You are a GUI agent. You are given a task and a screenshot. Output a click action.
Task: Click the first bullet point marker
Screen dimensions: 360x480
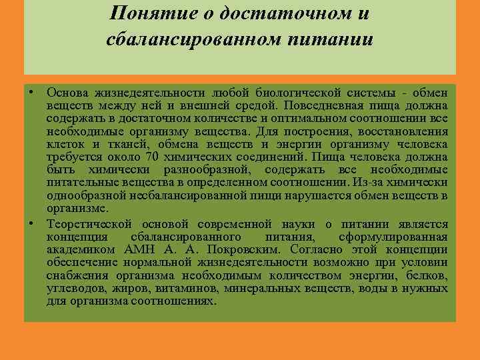pyautogui.click(x=31, y=90)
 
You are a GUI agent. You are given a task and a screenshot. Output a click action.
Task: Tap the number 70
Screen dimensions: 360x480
pyautogui.click(x=151, y=157)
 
